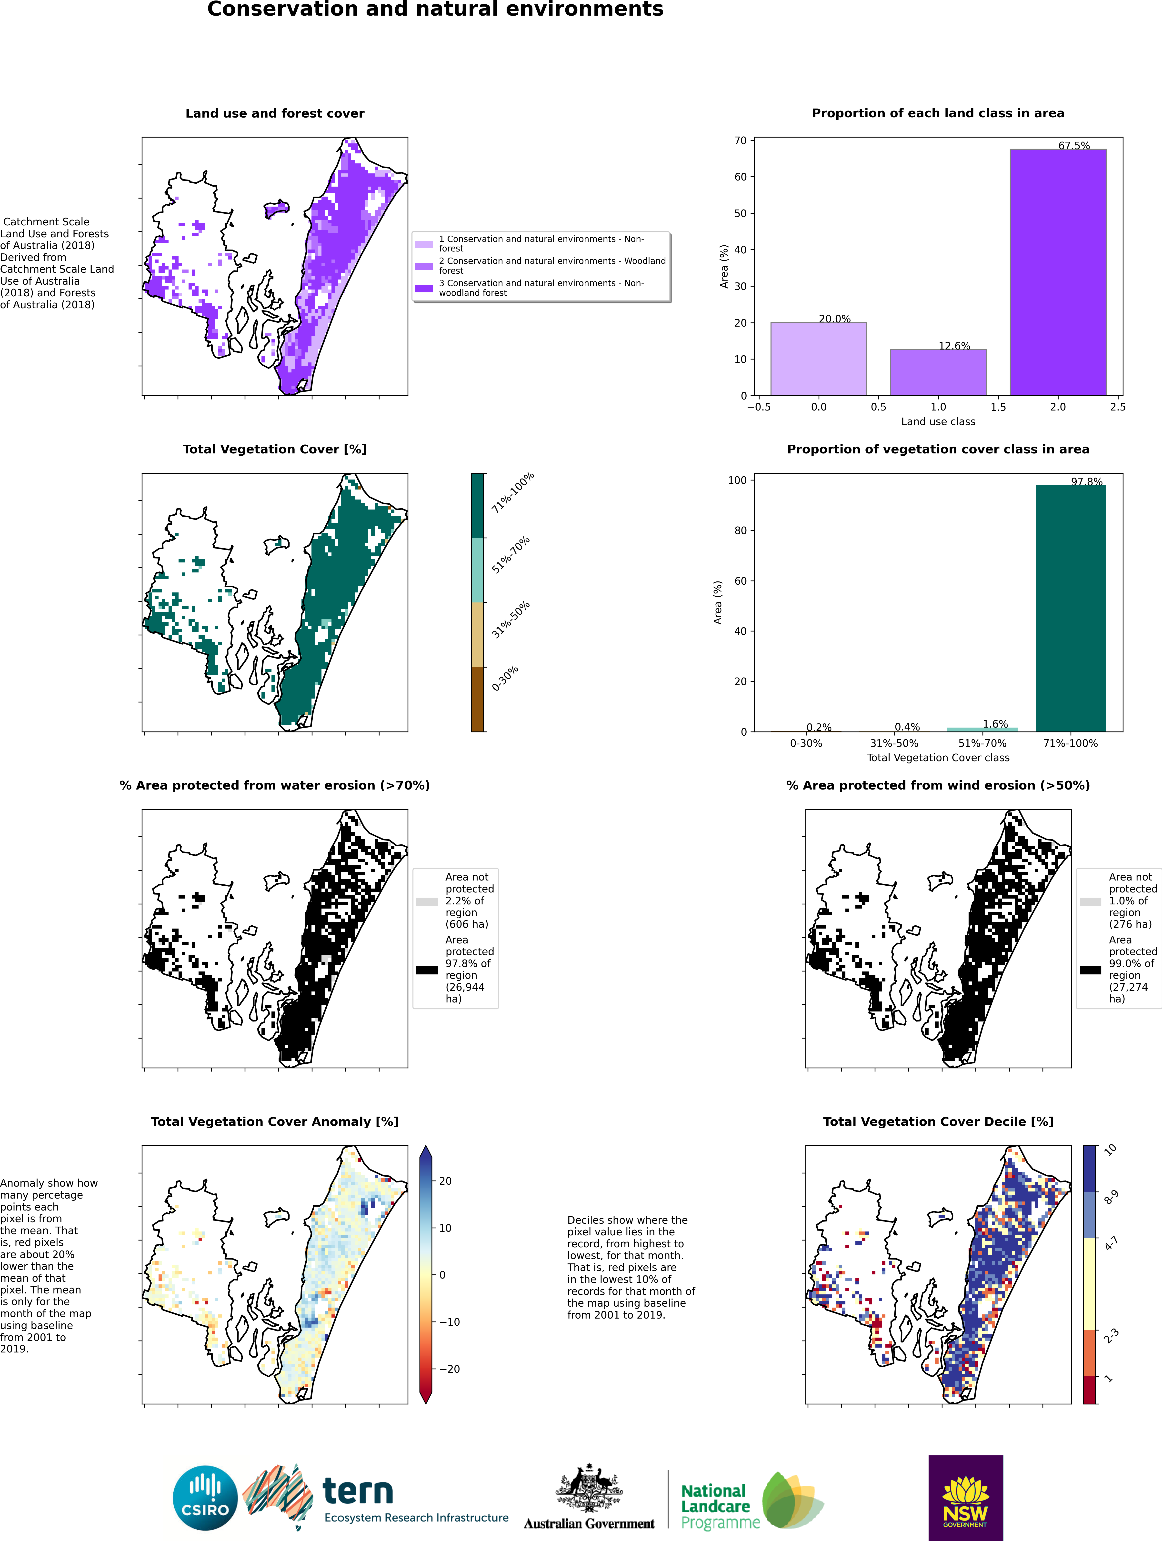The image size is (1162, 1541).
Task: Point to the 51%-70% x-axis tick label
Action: [982, 743]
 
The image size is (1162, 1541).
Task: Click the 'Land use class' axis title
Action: [938, 421]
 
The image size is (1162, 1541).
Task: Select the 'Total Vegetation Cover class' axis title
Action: [938, 757]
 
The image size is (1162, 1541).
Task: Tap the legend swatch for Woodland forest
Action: [424, 266]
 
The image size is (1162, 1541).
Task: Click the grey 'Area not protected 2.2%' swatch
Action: [427, 901]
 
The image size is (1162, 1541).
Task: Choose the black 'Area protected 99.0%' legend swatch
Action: [1090, 970]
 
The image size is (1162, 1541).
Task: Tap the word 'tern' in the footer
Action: [358, 1491]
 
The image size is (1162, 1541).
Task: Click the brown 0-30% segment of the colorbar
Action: [477, 699]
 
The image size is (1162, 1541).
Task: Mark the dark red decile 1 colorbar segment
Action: [1090, 1390]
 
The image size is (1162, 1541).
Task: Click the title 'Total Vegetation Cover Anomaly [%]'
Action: [274, 1122]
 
